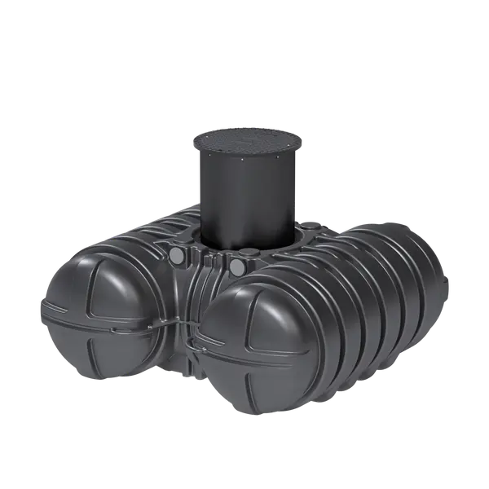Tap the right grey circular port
[237, 267]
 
